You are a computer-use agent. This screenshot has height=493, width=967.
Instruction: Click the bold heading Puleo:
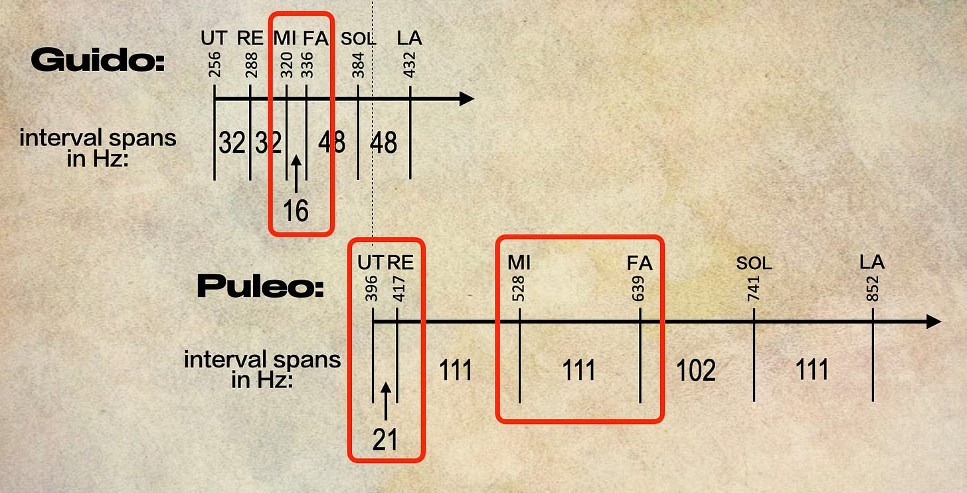(x=260, y=286)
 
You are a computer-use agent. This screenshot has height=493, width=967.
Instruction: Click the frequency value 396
(x=373, y=289)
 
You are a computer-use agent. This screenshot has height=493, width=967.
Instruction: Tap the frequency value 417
(x=398, y=289)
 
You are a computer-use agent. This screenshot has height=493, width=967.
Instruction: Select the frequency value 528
(x=519, y=289)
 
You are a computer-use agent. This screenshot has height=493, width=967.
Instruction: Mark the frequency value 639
(x=639, y=289)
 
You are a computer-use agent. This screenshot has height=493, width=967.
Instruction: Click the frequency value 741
(x=754, y=289)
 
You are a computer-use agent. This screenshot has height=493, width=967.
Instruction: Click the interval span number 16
(x=296, y=211)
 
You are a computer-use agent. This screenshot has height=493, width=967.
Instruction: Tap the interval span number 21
(x=385, y=439)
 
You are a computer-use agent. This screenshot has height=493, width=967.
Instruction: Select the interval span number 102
(x=696, y=370)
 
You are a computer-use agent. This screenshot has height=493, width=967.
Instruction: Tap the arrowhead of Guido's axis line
(x=466, y=99)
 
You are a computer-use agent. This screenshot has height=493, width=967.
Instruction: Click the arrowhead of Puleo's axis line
(x=933, y=322)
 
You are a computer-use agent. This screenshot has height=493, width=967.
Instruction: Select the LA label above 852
(x=872, y=262)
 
